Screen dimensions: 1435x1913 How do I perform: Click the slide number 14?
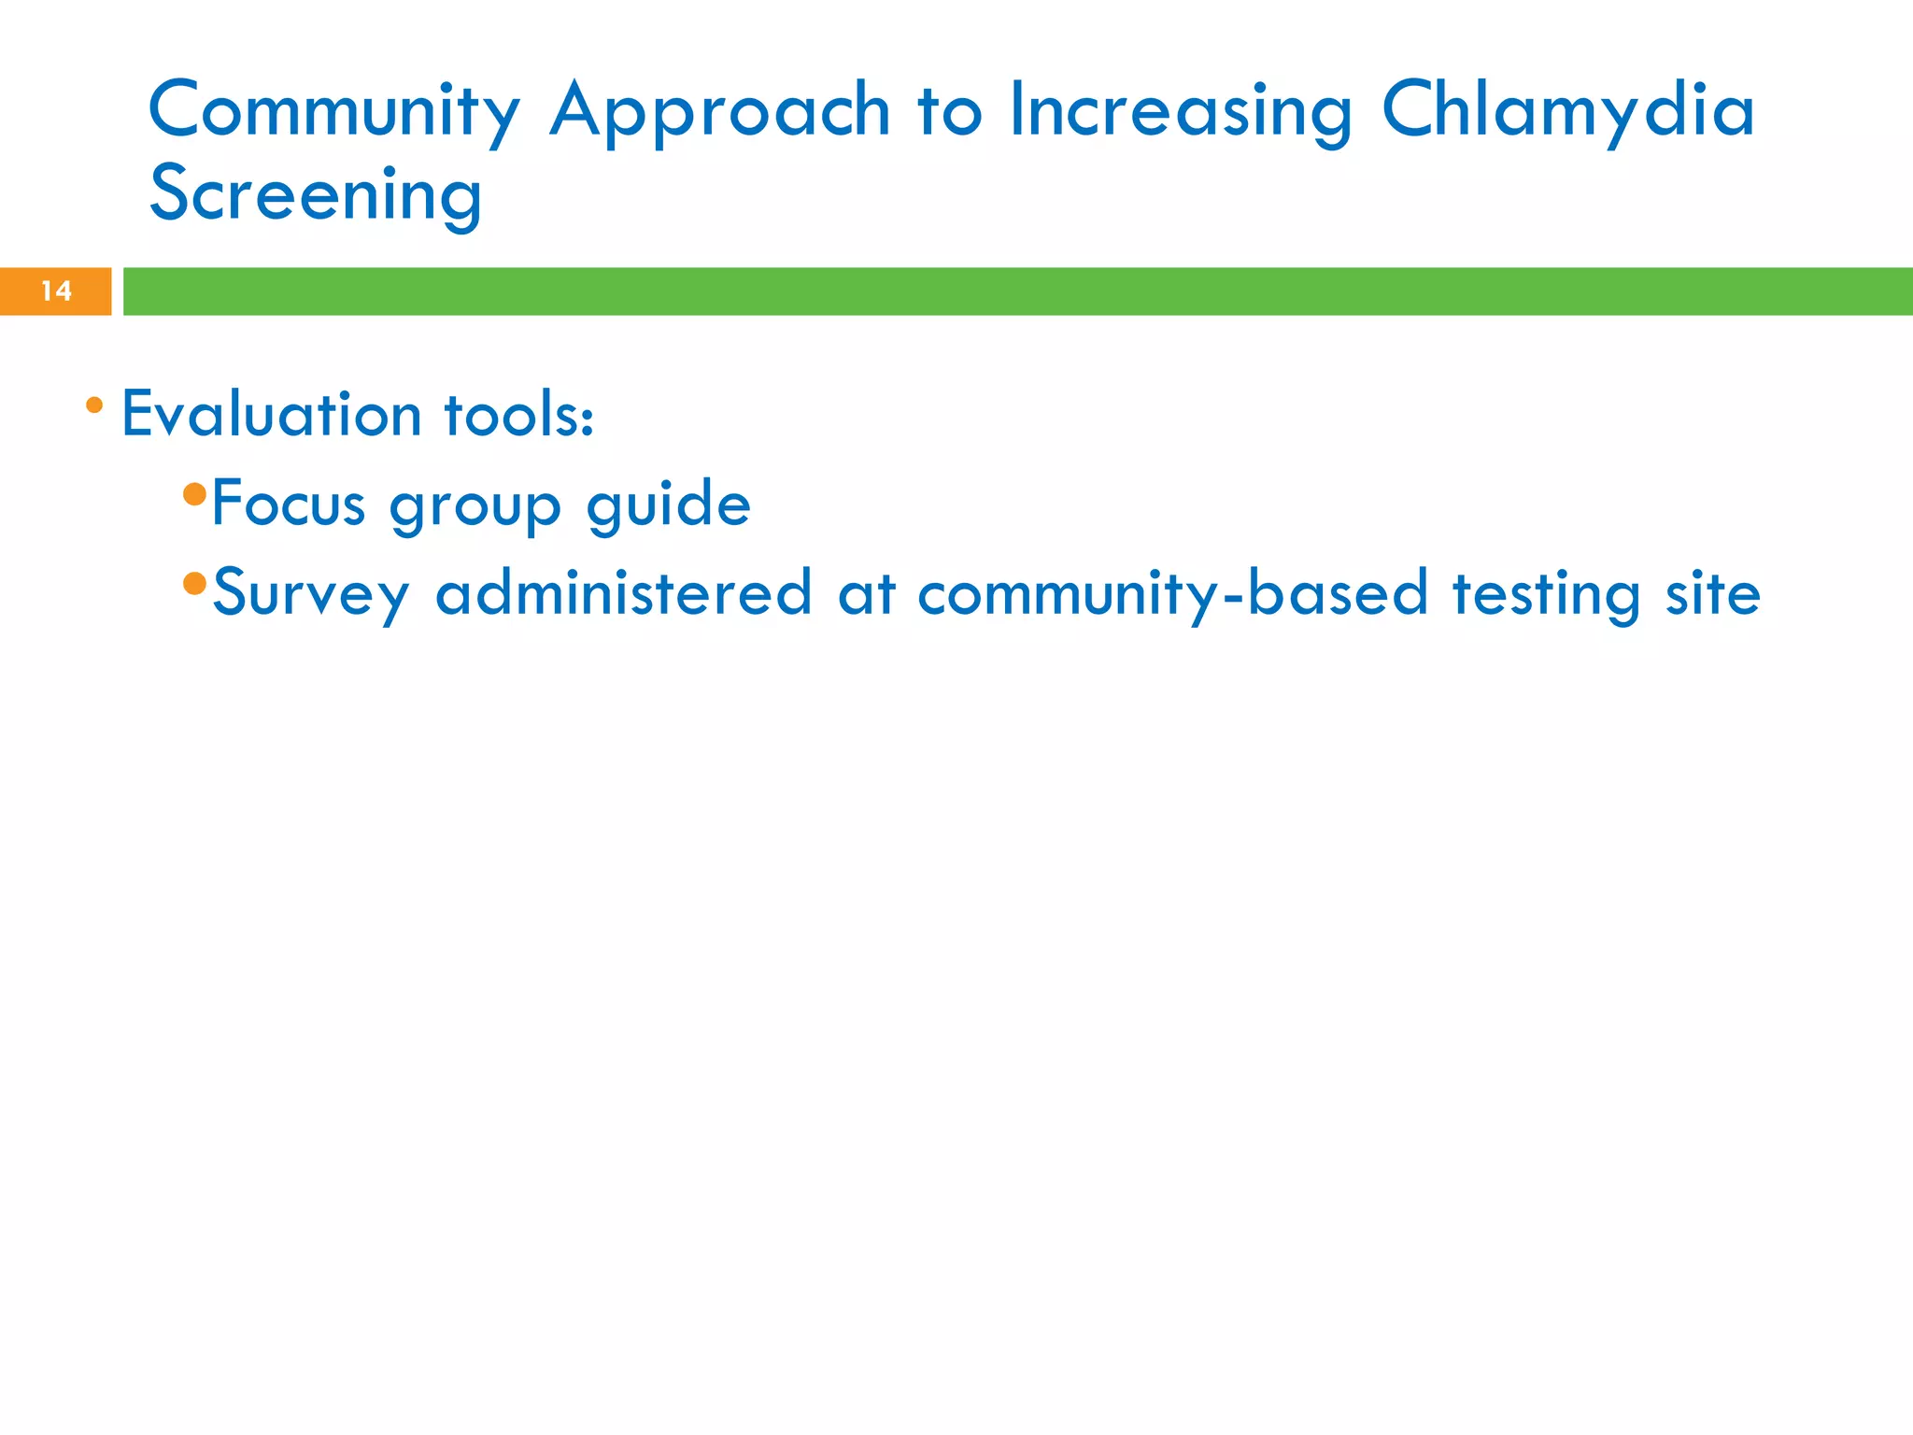pyautogui.click(x=56, y=291)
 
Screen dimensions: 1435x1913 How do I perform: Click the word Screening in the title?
pyautogui.click(x=316, y=194)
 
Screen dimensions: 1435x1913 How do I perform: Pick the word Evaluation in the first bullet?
pyautogui.click(x=271, y=414)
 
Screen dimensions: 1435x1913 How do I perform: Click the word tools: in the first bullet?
pyautogui.click(x=518, y=414)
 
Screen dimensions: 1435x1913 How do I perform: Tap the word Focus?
pyautogui.click(x=288, y=504)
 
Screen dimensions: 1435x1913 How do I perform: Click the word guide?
pyautogui.click(x=668, y=504)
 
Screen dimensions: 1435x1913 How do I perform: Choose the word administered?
pyautogui.click(x=623, y=592)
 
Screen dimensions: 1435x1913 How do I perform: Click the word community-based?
pyautogui.click(x=1172, y=592)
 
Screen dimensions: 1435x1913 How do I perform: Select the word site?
pyautogui.click(x=1712, y=592)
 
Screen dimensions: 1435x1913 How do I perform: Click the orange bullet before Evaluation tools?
pyautogui.click(x=94, y=405)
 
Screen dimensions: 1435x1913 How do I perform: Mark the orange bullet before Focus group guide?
pyautogui.click(x=194, y=494)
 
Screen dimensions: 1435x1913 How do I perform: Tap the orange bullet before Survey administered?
pyautogui.click(x=194, y=584)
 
